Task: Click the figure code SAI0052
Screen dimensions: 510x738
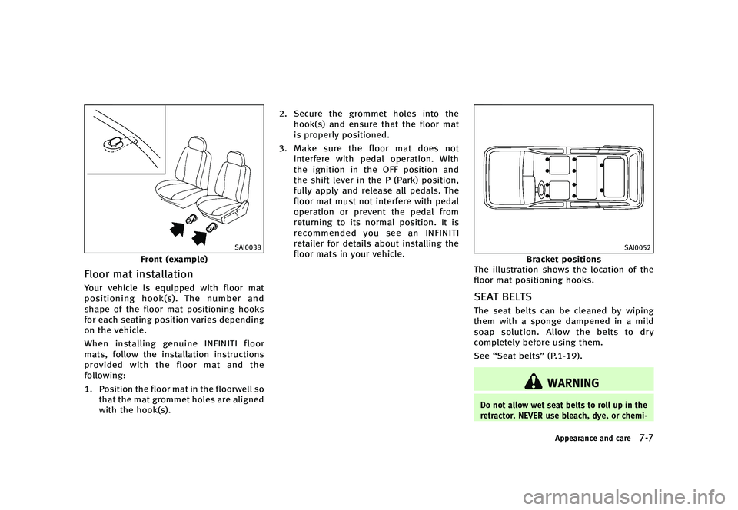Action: [637, 247]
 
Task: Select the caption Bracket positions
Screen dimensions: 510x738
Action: [563, 260]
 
